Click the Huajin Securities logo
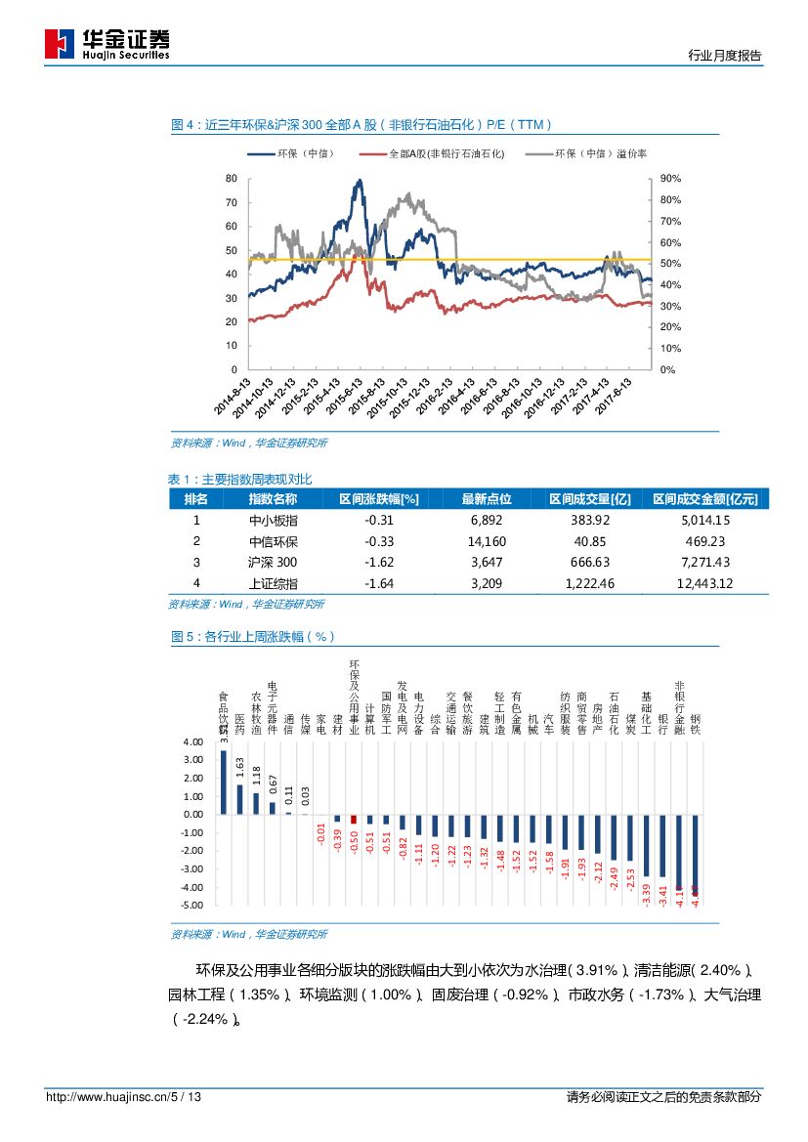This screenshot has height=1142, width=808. click(106, 42)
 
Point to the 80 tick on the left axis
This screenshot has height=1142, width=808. click(232, 179)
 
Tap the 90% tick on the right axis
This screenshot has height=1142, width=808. click(669, 179)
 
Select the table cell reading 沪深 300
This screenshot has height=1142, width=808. click(273, 563)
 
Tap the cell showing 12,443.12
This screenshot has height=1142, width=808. click(704, 584)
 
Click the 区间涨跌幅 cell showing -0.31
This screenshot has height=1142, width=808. click(378, 520)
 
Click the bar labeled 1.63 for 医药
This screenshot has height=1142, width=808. click(239, 799)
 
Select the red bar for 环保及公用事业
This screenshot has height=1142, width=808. click(354, 820)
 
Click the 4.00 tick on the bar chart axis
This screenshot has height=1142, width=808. click(192, 742)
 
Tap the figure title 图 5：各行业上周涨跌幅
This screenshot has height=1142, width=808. click(253, 636)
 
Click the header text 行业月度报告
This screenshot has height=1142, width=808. click(725, 56)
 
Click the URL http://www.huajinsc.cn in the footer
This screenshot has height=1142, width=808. click(107, 1098)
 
